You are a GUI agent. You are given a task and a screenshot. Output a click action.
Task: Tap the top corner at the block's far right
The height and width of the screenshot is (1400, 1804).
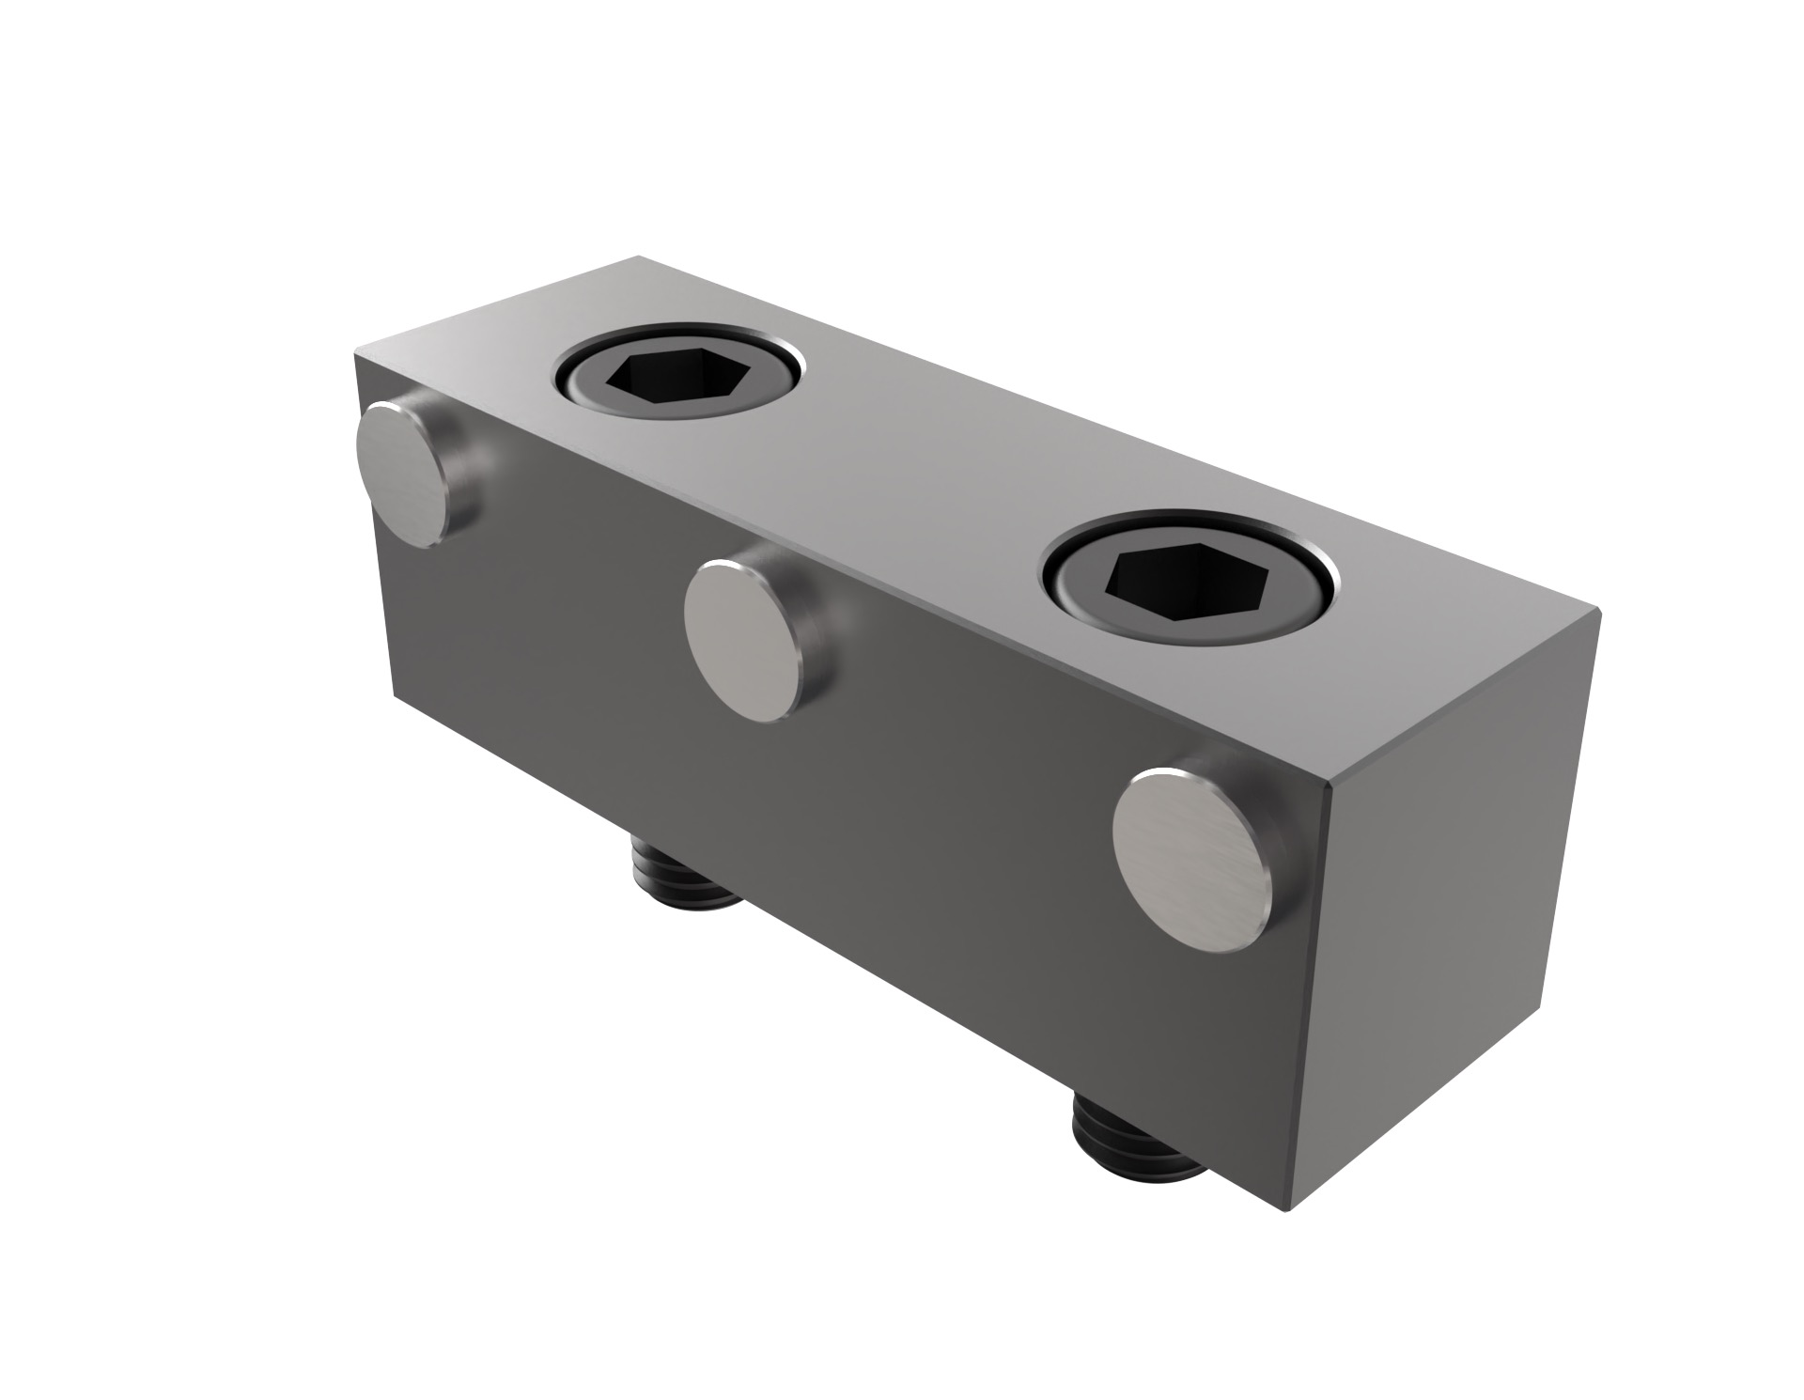(x=1597, y=611)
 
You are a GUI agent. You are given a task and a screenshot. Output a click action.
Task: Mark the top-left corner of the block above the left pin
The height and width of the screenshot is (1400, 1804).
(x=355, y=354)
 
